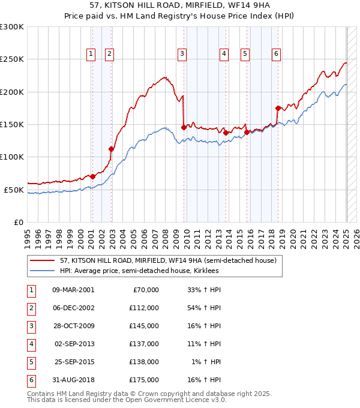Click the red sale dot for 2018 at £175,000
click(x=278, y=109)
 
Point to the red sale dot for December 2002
click(x=111, y=149)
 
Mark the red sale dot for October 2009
click(x=184, y=127)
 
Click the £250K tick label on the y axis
click(x=12, y=59)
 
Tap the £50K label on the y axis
click(x=14, y=190)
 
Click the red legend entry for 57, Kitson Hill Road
click(x=167, y=261)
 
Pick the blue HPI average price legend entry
click(x=139, y=271)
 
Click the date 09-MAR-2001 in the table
click(x=73, y=290)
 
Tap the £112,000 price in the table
click(x=145, y=308)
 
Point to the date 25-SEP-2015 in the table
click(x=73, y=362)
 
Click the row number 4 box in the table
click(x=31, y=344)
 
